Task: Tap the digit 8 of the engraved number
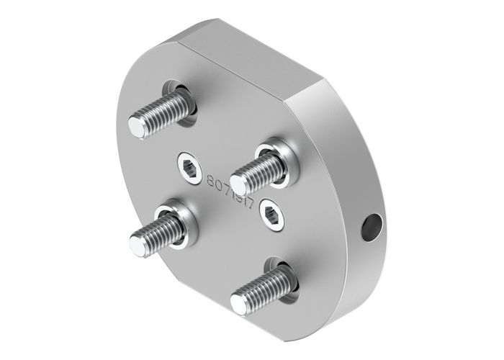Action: point(211,181)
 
